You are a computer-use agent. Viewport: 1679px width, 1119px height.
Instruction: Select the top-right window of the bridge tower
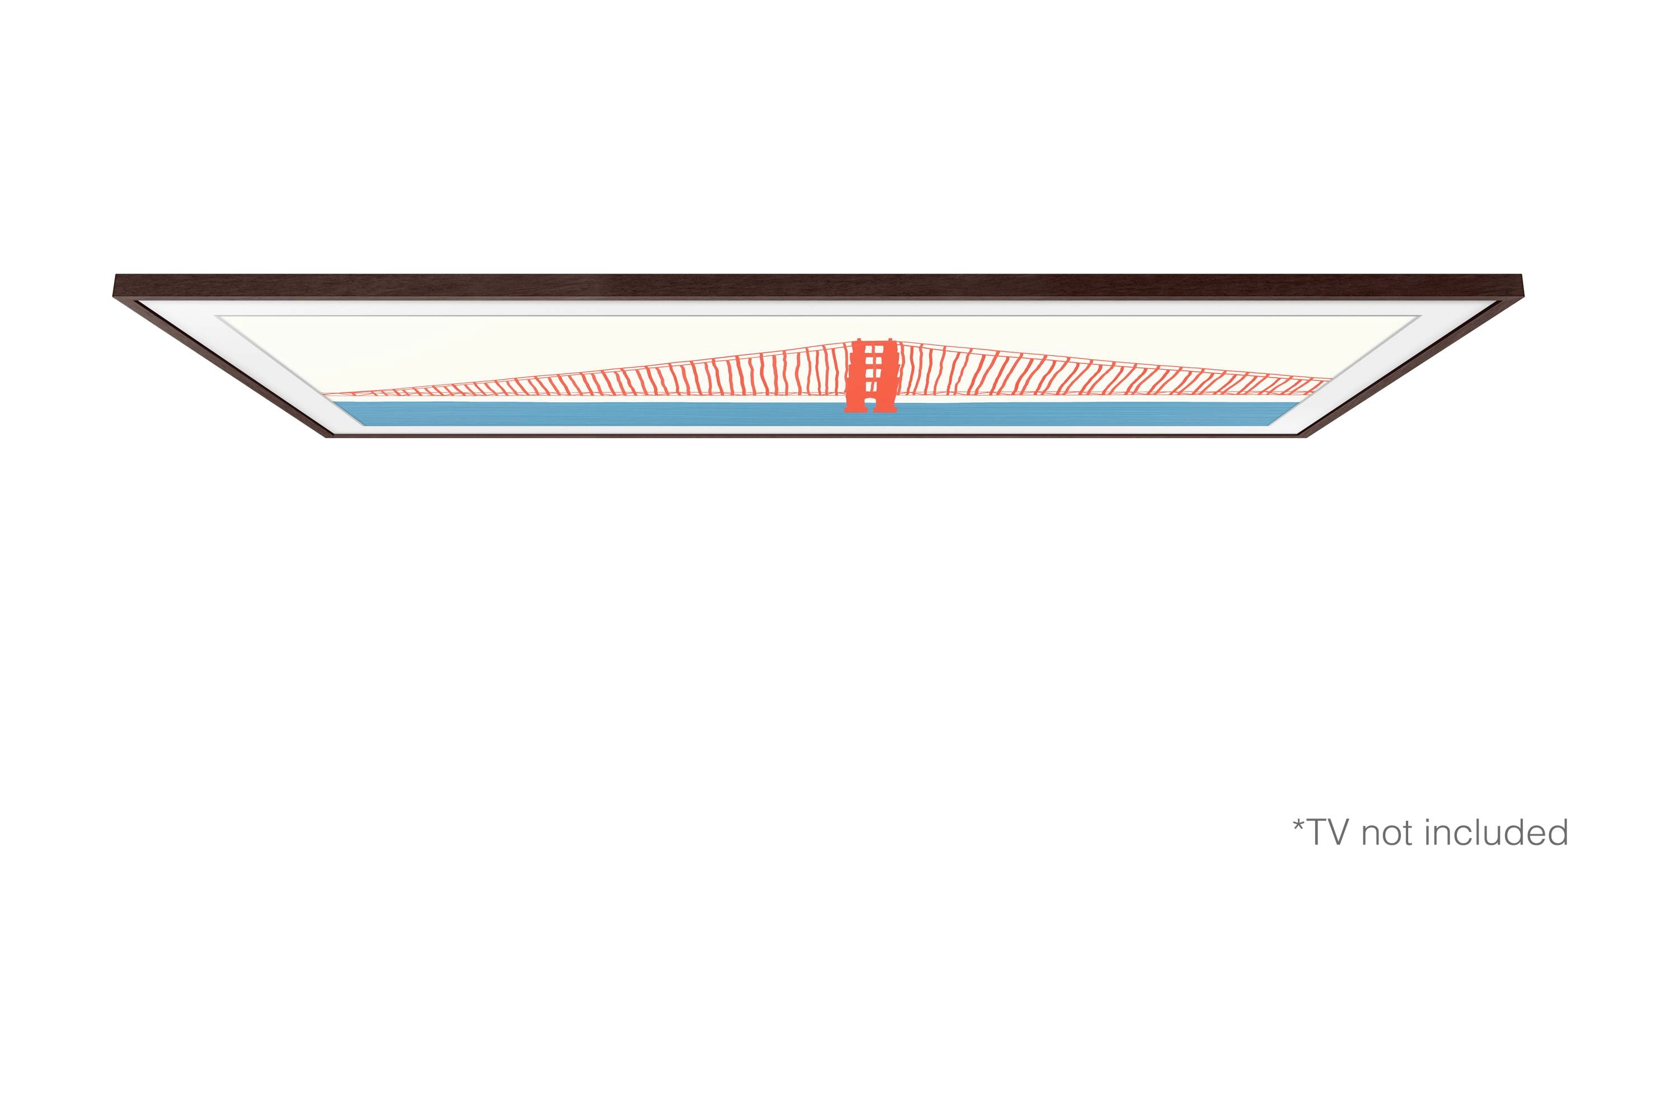click(x=879, y=350)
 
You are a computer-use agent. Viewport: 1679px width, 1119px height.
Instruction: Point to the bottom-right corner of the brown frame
click(x=1305, y=435)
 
